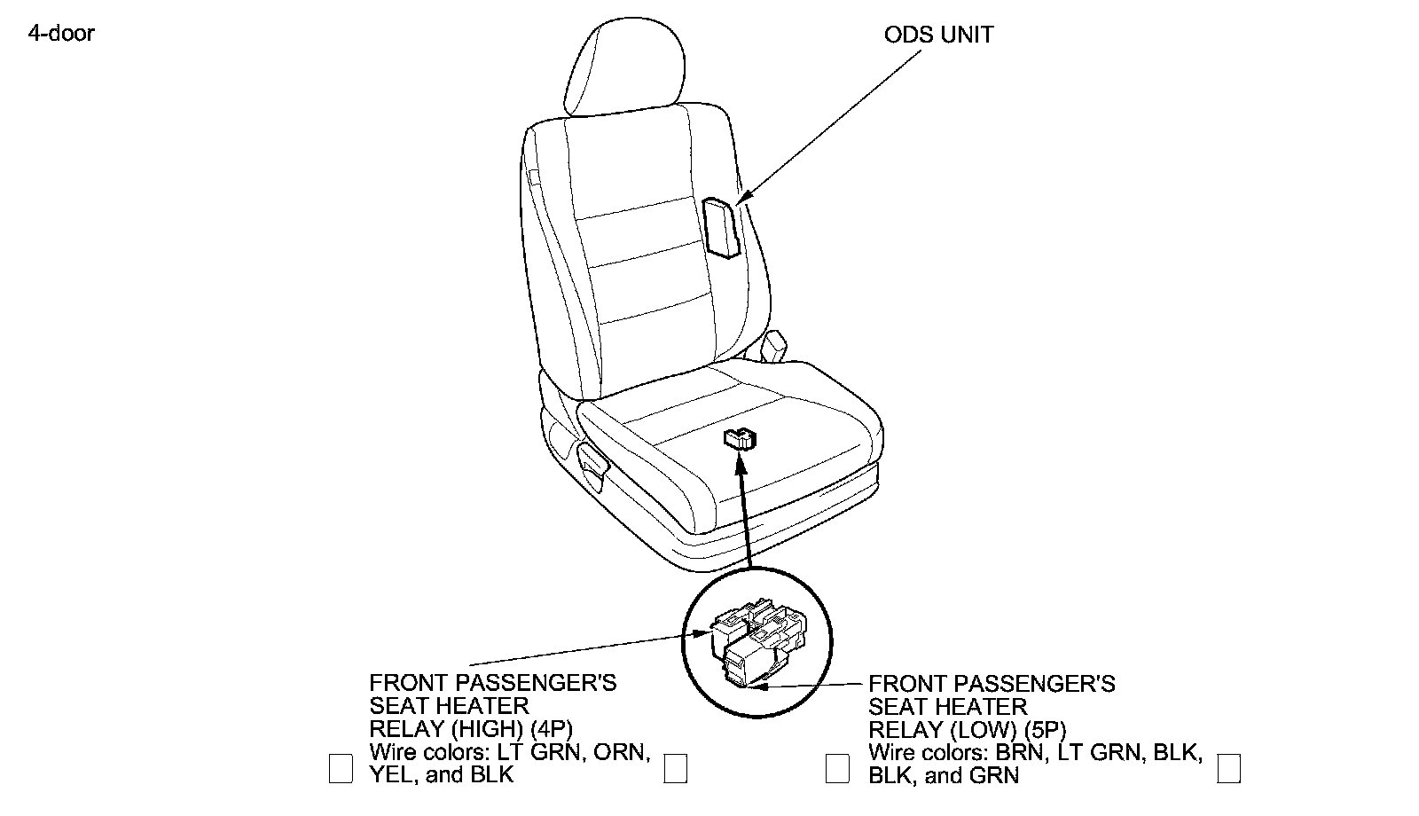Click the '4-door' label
[x=60, y=34]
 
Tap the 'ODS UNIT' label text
[x=939, y=35]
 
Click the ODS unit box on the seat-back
[x=721, y=228]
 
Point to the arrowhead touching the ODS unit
[x=742, y=199]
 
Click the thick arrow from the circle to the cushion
[x=744, y=514]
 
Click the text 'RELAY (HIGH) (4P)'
[x=471, y=729]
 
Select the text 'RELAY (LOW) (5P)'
[x=967, y=730]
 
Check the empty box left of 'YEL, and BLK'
[x=341, y=768]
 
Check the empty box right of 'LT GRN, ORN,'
[x=676, y=768]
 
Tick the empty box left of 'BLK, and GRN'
[x=837, y=768]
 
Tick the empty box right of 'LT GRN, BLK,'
[x=1228, y=768]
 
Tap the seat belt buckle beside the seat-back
[x=773, y=345]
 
